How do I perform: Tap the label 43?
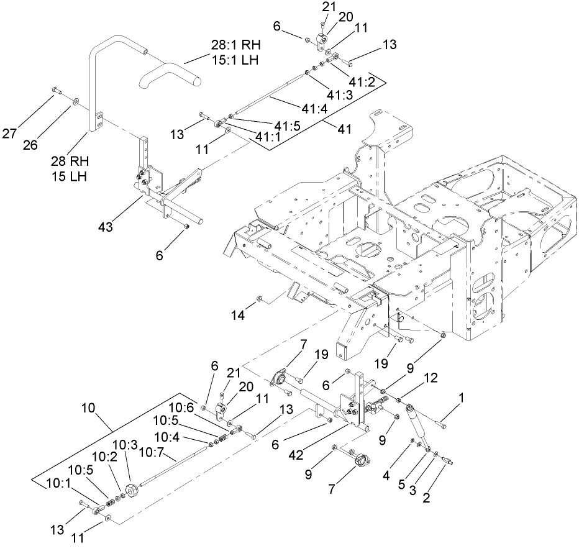pyautogui.click(x=105, y=227)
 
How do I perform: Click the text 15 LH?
pyautogui.click(x=70, y=176)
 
